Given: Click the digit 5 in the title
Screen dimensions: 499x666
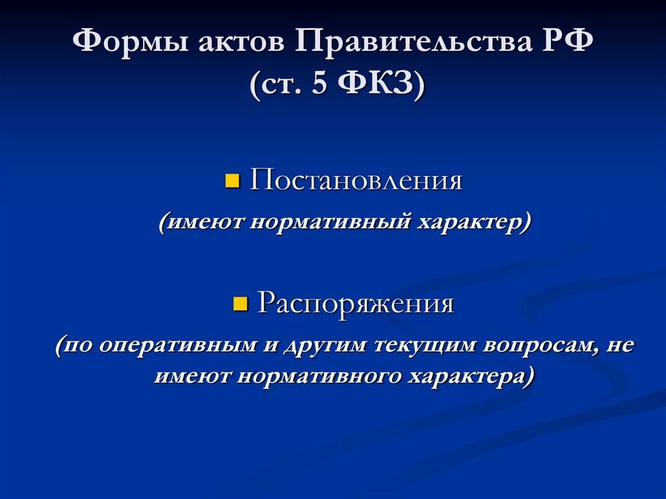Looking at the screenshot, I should tap(319, 85).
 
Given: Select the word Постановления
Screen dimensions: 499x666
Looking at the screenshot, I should tap(356, 180).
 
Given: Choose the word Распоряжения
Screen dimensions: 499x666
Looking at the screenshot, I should tap(356, 304).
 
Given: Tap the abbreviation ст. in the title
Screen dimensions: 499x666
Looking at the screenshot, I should tap(280, 85).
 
